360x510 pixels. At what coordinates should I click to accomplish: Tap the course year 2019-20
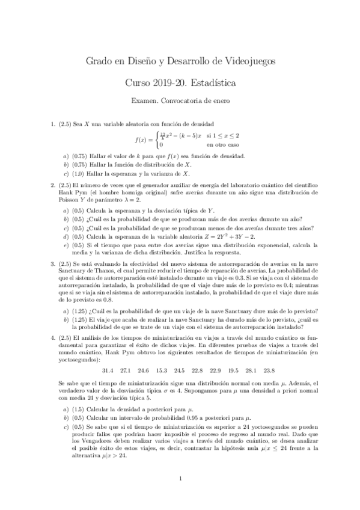pyautogui.click(x=168, y=81)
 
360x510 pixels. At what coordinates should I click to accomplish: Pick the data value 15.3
pyautogui.click(x=162, y=369)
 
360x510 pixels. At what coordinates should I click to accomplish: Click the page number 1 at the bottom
pyautogui.click(x=180, y=478)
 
